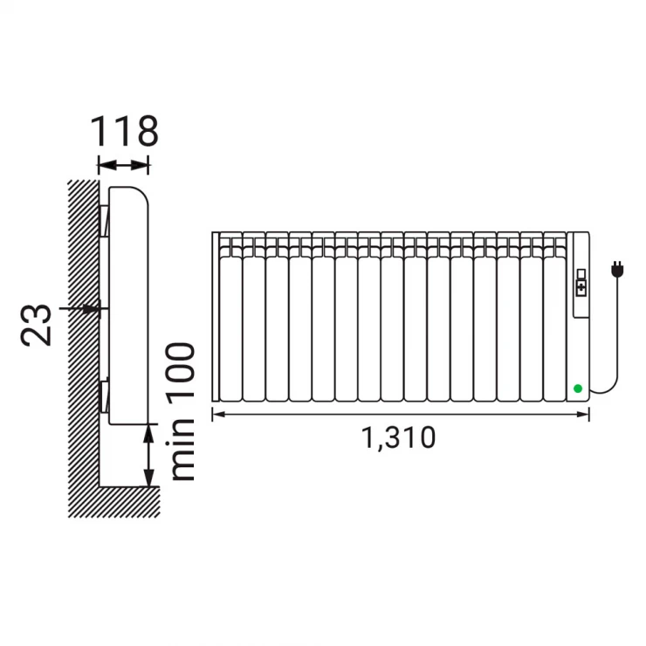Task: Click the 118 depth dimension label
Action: (124, 131)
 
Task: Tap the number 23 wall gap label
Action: (37, 325)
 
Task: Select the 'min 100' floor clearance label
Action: (180, 411)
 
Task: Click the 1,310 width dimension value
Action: (398, 437)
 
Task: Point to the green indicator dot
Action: (578, 388)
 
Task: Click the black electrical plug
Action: (616, 269)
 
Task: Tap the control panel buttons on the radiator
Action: (581, 283)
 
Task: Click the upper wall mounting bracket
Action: (104, 220)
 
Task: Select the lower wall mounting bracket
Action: (104, 395)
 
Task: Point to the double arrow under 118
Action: (123, 166)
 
